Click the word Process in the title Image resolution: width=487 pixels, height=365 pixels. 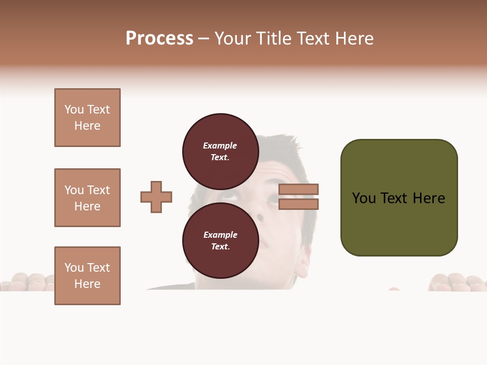click(x=159, y=39)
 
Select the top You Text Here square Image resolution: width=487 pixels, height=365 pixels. click(x=87, y=118)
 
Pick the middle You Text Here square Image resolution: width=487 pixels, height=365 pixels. click(x=87, y=198)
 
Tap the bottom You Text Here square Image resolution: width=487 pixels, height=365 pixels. click(x=87, y=276)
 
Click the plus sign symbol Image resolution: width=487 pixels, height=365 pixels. click(x=156, y=197)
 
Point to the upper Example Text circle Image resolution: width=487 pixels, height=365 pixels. click(x=220, y=151)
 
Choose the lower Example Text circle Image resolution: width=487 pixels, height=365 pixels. click(x=220, y=240)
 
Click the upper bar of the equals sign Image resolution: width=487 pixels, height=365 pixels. click(x=298, y=189)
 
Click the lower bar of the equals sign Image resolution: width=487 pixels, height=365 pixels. click(x=298, y=204)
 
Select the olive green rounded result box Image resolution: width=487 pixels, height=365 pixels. click(x=399, y=198)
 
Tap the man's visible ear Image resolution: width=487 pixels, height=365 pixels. click(x=301, y=264)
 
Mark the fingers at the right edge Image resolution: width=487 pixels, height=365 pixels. click(x=457, y=282)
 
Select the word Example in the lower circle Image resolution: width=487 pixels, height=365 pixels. click(x=220, y=235)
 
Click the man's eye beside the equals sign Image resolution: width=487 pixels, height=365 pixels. click(x=273, y=199)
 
